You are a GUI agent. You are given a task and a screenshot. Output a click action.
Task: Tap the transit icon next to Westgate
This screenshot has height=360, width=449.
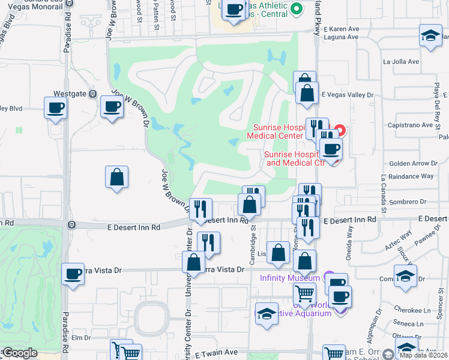(x=92, y=94)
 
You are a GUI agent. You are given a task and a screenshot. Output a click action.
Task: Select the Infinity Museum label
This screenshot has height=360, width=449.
(x=289, y=278)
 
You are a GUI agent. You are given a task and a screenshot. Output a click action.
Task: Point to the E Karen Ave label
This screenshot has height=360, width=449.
(x=342, y=28)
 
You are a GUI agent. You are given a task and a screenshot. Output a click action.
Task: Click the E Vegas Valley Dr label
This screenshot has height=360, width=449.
(x=348, y=95)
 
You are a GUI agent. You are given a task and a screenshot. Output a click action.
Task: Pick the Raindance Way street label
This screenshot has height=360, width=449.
(x=411, y=176)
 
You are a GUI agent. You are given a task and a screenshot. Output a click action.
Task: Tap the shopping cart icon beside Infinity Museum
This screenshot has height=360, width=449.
(x=304, y=294)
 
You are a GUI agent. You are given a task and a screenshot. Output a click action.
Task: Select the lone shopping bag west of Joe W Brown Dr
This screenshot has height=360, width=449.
(x=116, y=177)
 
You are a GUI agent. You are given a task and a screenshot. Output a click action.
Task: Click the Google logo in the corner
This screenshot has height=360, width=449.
(x=19, y=353)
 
